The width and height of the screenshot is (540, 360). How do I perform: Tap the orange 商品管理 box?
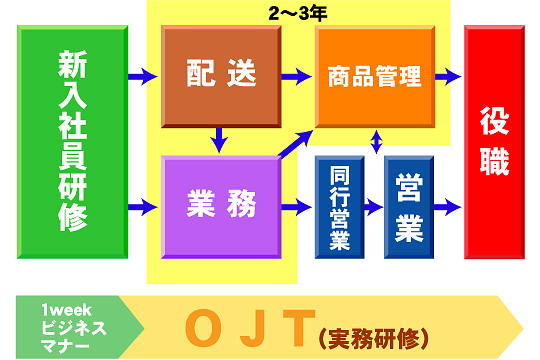pyautogui.click(x=376, y=75)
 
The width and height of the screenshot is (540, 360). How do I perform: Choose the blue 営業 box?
pyautogui.click(x=409, y=205)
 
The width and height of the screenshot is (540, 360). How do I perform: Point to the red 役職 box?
pyautogui.click(x=495, y=141)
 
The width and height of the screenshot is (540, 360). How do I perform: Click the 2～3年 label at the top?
pyautogui.click(x=298, y=14)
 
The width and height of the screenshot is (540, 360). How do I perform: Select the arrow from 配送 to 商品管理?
pyautogui.click(x=296, y=75)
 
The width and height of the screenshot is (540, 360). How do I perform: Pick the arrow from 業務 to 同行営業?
pyautogui.click(x=297, y=208)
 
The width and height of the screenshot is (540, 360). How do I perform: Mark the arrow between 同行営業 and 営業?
pyautogui.click(x=374, y=208)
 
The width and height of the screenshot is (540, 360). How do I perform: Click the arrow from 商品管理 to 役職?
pyautogui.click(x=447, y=76)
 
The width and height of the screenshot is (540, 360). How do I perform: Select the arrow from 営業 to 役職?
pyautogui.click(x=447, y=208)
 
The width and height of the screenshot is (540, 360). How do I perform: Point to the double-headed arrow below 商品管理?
pyautogui.click(x=376, y=141)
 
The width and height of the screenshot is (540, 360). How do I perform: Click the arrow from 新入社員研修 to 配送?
pyautogui.click(x=143, y=75)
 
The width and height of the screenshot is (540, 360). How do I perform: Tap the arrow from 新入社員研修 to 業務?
pyautogui.click(x=143, y=208)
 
